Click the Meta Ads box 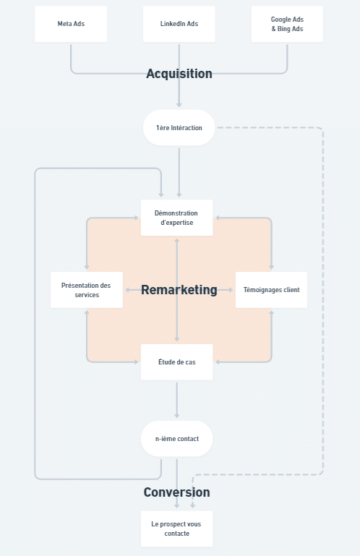tap(71, 24)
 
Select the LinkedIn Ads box tap(179, 24)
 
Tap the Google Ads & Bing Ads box tap(287, 24)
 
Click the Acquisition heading tap(179, 74)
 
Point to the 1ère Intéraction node tap(179, 128)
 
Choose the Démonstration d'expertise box tap(176, 218)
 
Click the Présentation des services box tap(87, 290)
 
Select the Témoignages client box tap(271, 290)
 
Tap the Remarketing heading tap(179, 290)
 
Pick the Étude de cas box tap(176, 362)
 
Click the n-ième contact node tap(176, 439)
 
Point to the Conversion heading tap(176, 492)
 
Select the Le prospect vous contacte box tap(176, 529)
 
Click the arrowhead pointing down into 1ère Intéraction tap(179, 105)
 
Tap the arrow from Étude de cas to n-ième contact tap(176, 401)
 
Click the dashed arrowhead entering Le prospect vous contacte tap(192, 506)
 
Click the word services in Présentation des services tap(87, 295)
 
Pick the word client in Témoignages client tap(291, 290)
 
